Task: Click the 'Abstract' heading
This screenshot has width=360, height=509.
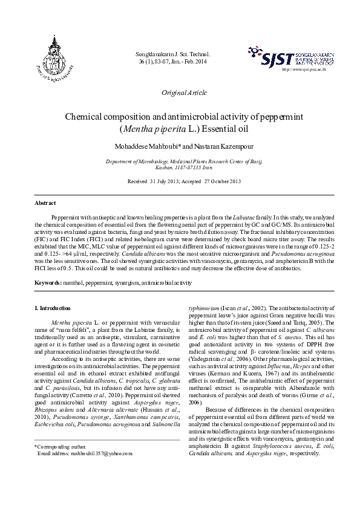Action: [45, 203]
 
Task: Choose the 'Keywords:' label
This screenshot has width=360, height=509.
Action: [48, 282]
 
